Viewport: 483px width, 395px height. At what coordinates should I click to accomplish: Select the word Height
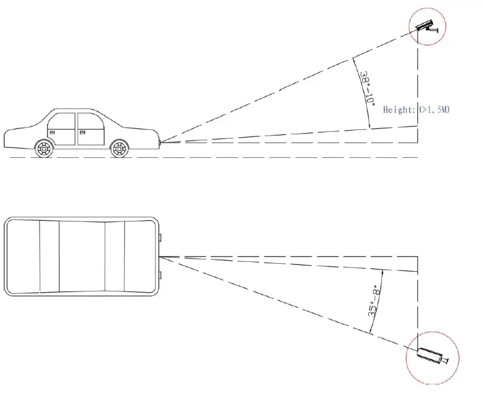(398, 110)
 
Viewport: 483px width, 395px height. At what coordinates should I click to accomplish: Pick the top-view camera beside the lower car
(429, 356)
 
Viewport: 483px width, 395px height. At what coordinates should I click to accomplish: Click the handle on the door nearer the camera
(83, 131)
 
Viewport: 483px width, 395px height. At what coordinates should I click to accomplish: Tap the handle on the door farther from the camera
(52, 131)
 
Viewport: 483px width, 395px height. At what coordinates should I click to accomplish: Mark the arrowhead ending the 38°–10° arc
(369, 126)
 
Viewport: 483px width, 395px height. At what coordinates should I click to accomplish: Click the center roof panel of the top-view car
(82, 257)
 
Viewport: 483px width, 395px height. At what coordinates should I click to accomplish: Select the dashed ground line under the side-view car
(211, 157)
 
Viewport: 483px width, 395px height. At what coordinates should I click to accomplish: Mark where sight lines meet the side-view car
(161, 142)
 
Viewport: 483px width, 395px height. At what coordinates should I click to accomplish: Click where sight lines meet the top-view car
(161, 257)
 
